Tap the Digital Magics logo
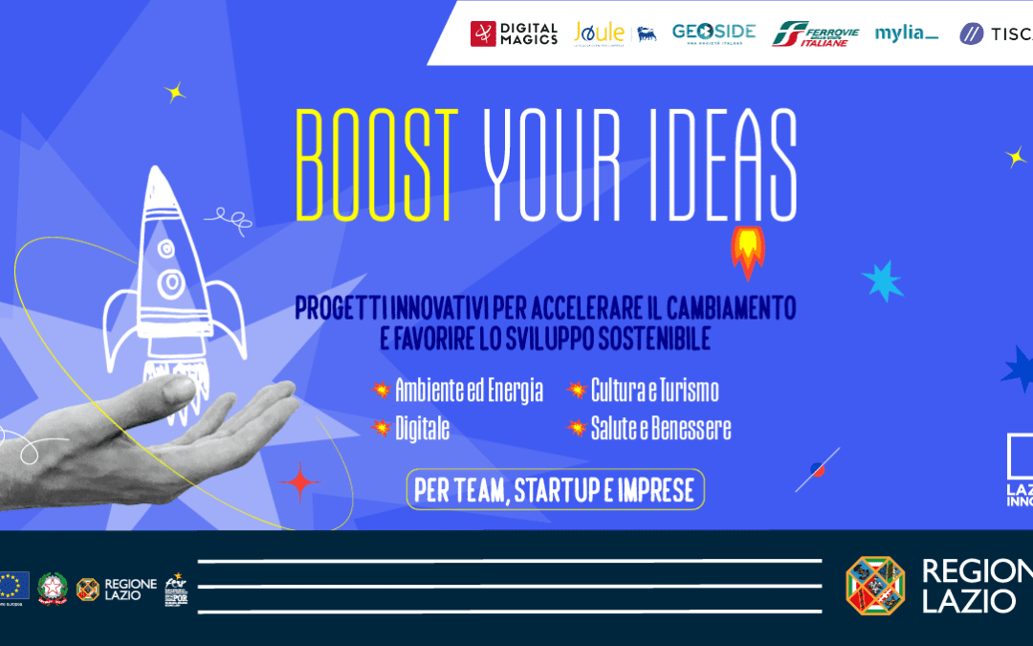tap(514, 33)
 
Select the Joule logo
tap(599, 33)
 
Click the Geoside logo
tap(714, 33)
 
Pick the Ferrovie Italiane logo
tap(816, 33)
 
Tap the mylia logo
tap(907, 33)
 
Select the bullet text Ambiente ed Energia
tap(469, 390)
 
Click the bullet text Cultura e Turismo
tap(654, 390)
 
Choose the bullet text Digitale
tap(422, 429)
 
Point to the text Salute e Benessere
tap(660, 429)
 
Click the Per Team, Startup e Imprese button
tap(555, 489)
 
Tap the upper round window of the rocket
tap(166, 249)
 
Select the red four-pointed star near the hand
tap(300, 481)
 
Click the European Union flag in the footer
tap(13, 584)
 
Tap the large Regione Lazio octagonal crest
tap(874, 585)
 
